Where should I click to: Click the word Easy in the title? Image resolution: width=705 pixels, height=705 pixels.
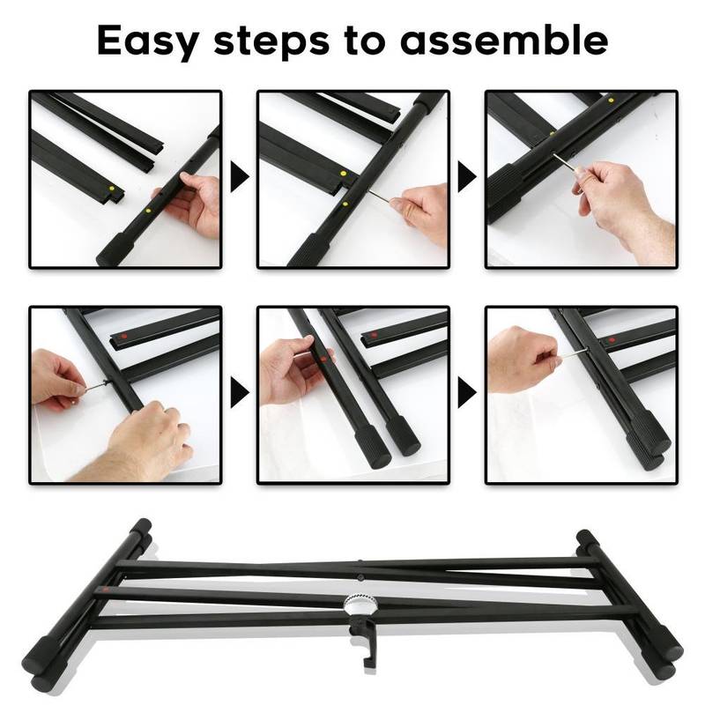tap(148, 42)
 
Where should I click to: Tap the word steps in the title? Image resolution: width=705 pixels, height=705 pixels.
tap(271, 41)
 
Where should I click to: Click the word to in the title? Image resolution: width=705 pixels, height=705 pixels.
tap(365, 41)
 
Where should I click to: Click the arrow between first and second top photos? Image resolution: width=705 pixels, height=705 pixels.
tap(240, 177)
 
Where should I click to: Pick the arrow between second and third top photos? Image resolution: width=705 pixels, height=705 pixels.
tap(467, 177)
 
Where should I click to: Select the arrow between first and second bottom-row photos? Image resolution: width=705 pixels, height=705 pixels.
tap(240, 392)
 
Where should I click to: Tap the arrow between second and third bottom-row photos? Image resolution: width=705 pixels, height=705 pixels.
tap(467, 392)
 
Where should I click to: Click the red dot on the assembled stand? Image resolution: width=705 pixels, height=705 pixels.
tap(106, 590)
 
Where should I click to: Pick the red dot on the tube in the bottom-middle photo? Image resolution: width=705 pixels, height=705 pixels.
tap(323, 360)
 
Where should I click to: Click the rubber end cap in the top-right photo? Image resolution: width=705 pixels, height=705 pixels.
tap(503, 193)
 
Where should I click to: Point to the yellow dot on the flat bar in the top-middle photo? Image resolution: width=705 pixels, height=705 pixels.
tap(344, 173)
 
